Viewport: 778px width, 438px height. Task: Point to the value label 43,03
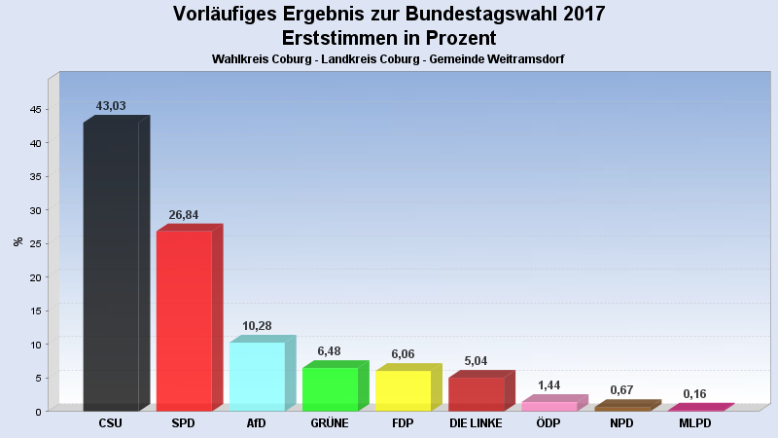(111, 106)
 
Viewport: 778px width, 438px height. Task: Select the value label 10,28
(257, 326)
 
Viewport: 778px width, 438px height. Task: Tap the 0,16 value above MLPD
(694, 394)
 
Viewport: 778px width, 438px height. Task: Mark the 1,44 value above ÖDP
(548, 386)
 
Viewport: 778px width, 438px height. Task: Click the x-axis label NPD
(621, 424)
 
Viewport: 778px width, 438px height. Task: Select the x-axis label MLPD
(694, 424)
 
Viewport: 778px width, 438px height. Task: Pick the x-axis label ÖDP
(548, 424)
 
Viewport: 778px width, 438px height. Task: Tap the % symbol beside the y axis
(18, 241)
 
